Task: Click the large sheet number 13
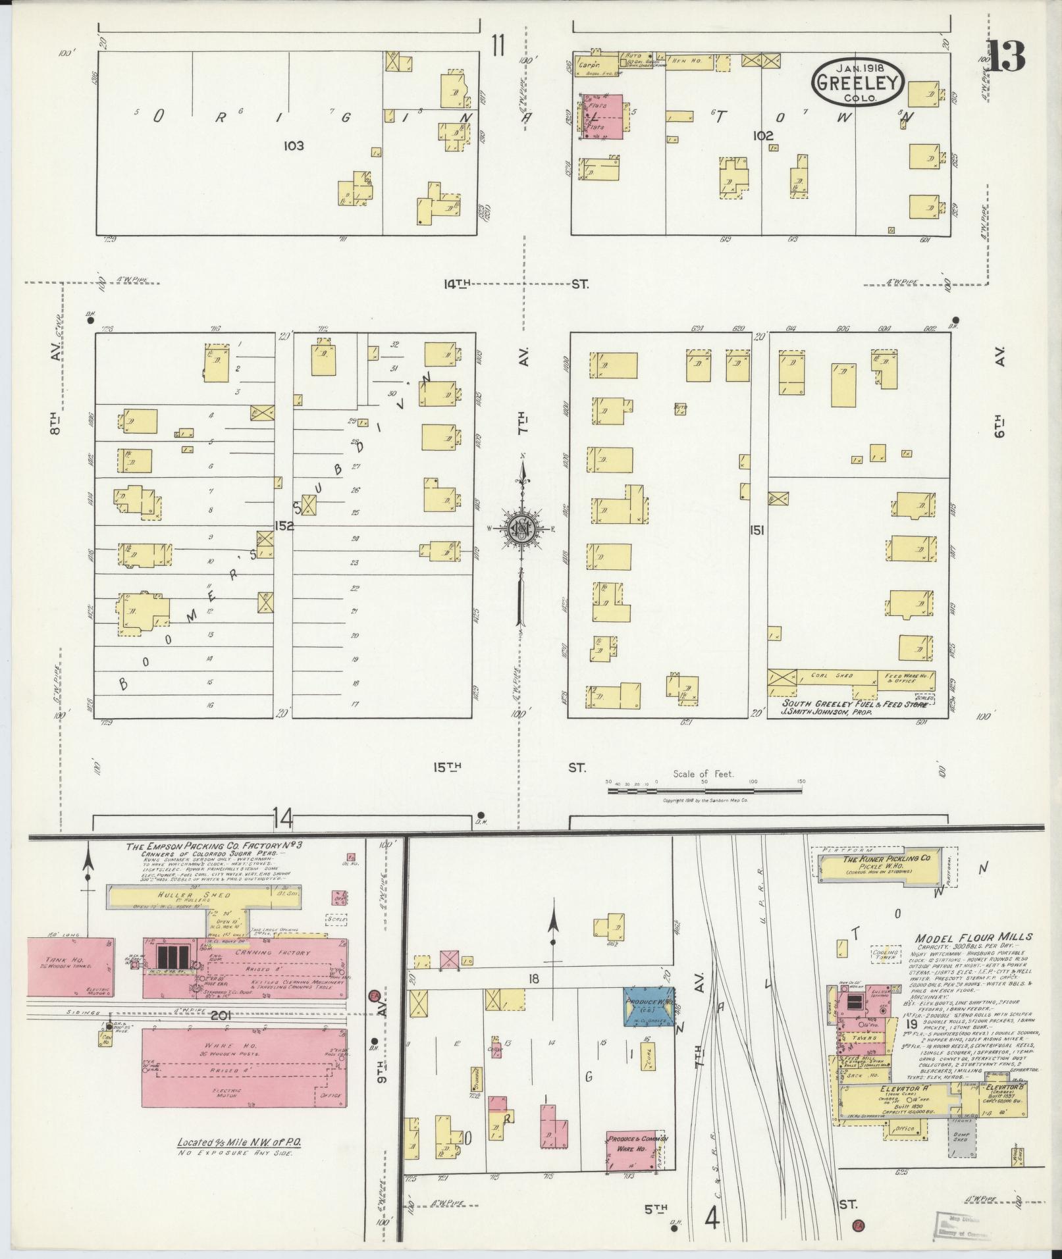pos(1005,57)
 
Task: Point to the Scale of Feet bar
pos(703,788)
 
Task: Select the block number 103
pos(294,145)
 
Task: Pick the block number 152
pos(284,526)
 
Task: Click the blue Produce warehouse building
pos(649,1006)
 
